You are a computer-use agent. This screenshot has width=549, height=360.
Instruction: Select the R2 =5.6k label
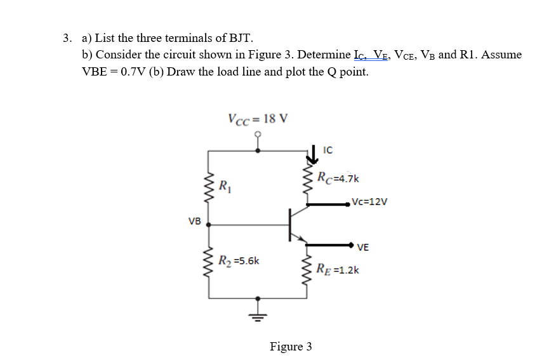pos(238,260)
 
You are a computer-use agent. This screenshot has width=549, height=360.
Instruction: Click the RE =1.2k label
pos(338,270)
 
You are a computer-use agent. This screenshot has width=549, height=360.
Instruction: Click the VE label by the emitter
pos(363,247)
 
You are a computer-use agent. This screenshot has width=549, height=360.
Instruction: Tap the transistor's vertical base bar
pos(290,224)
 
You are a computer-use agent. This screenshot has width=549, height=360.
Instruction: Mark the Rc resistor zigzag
pos(308,182)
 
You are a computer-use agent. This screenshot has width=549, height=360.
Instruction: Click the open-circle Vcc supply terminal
pos(258,135)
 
